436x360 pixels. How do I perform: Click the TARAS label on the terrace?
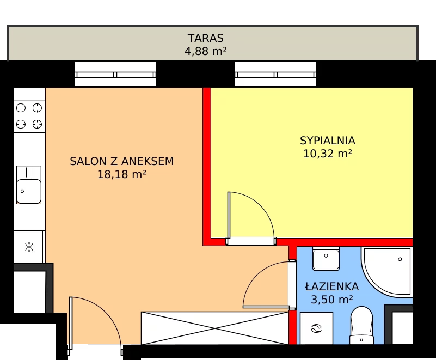point(206,38)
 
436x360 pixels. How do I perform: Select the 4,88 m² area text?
point(206,51)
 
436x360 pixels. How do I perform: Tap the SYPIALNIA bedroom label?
point(328,141)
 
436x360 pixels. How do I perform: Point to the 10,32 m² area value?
point(328,154)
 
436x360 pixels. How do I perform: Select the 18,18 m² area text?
point(122,174)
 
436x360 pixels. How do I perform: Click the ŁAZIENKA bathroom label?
point(331,286)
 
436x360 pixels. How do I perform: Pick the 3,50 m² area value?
point(331,300)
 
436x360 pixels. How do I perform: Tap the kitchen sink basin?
point(29,191)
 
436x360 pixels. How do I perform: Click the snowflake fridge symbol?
point(29,247)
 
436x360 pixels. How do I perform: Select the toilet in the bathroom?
point(361,326)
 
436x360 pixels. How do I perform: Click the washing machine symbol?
point(316,328)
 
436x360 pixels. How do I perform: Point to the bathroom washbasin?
point(326,258)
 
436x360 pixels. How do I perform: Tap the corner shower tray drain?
point(400,259)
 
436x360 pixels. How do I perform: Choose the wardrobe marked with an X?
point(214,328)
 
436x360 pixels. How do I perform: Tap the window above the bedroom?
point(275,75)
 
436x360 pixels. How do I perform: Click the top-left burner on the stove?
point(21,108)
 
